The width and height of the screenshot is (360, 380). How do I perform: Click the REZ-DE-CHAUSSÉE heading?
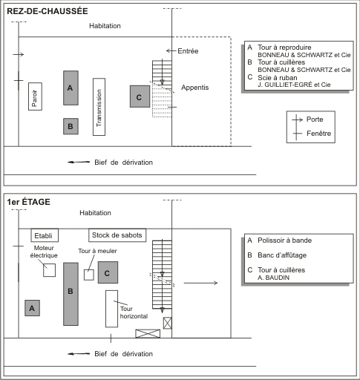click(48, 11)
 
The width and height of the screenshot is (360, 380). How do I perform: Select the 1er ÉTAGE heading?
click(28, 202)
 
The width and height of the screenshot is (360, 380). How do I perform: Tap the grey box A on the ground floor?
click(71, 88)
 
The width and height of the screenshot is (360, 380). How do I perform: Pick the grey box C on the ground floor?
click(140, 96)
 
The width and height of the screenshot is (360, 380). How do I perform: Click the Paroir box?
click(35, 96)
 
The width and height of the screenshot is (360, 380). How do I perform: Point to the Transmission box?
click(99, 107)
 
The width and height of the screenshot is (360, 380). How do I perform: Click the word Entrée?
click(188, 51)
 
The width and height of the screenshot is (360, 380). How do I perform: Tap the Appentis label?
click(195, 88)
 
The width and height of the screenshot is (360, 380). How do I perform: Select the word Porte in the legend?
click(315, 119)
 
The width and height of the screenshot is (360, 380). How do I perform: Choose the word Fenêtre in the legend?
click(318, 134)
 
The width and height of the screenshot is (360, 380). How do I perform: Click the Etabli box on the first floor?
click(45, 235)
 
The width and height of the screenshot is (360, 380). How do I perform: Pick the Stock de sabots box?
click(117, 235)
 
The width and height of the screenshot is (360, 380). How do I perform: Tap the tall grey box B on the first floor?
click(71, 294)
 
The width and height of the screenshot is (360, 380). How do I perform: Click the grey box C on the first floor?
click(108, 272)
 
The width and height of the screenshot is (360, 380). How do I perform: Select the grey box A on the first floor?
click(32, 308)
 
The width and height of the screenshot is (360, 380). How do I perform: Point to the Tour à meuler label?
click(97, 251)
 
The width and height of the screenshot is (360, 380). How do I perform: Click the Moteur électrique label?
click(44, 252)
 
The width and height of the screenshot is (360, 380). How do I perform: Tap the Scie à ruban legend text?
click(278, 78)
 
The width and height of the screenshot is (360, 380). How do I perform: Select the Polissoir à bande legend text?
click(284, 240)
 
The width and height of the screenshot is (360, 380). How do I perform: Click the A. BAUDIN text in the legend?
click(273, 278)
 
